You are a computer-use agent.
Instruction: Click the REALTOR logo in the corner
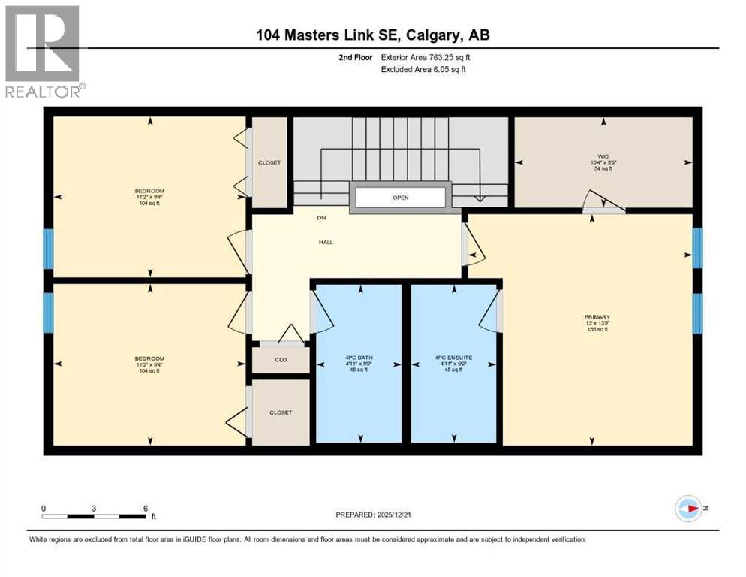44,51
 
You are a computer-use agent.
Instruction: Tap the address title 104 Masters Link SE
373,35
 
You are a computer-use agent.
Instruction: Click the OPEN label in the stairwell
400,198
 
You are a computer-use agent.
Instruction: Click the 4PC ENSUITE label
453,358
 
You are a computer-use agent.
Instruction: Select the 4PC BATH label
358,358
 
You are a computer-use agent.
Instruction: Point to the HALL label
325,242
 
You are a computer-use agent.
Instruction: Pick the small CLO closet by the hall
281,361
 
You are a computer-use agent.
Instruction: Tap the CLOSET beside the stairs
269,162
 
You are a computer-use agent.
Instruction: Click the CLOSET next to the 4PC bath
280,412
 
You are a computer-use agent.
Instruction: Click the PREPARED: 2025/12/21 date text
375,515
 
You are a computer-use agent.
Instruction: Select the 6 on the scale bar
145,508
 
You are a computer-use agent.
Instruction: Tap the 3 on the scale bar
94,508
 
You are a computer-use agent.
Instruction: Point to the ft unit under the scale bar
153,517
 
